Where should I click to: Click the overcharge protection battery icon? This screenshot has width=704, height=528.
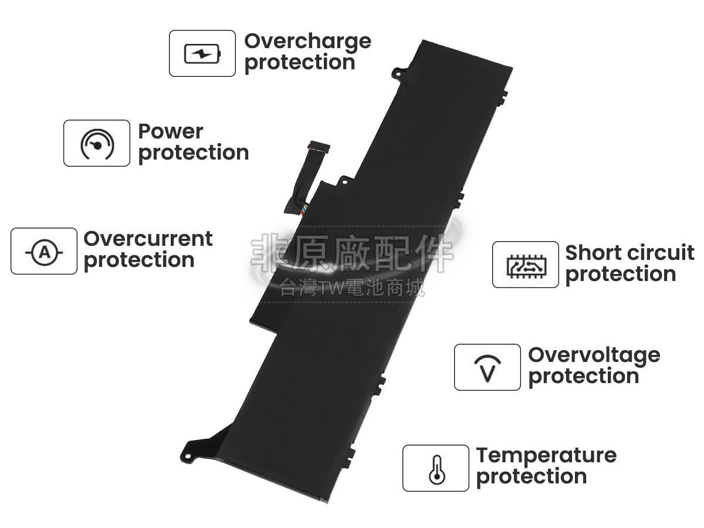coord(202,54)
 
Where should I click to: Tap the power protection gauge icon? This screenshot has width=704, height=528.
coord(97,144)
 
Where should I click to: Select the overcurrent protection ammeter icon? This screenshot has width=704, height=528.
coord(44,252)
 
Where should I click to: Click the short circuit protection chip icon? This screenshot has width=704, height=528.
coord(525,265)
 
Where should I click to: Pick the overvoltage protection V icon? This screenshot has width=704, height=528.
coord(488,368)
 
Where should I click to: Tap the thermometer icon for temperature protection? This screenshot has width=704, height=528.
coord(435,469)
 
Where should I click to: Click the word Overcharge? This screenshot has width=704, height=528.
coord(307,41)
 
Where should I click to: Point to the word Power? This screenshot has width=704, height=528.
coord(170,131)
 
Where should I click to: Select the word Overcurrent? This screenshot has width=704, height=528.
coord(148,239)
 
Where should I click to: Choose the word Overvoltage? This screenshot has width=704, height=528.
coord(594,355)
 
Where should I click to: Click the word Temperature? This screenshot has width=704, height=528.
coord(546,455)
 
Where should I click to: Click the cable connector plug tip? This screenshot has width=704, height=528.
coord(319,146)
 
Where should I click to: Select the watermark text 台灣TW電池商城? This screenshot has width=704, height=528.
coord(352,287)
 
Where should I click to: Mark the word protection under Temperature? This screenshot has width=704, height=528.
coord(531,476)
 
